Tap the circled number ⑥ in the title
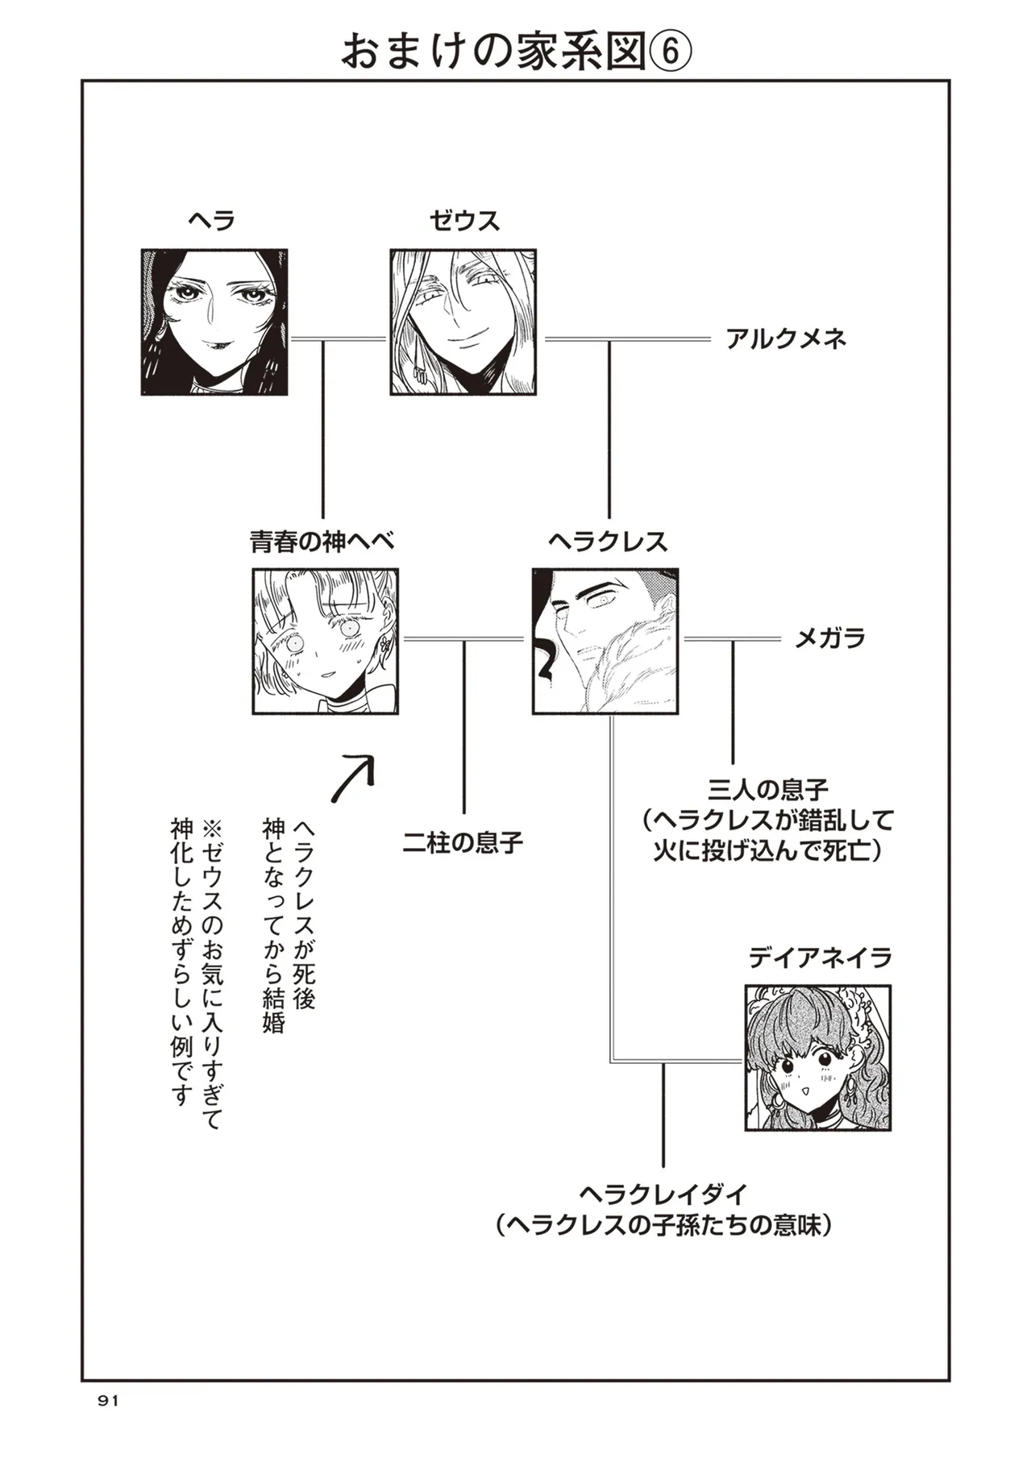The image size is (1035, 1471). point(670,53)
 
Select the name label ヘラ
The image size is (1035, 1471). point(211,220)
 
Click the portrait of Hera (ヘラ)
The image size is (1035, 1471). point(214,322)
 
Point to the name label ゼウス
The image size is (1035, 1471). point(463,220)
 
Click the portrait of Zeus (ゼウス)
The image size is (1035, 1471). point(463,322)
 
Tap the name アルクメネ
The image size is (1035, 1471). point(786,339)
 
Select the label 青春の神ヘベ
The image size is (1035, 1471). point(322,542)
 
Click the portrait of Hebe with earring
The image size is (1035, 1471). point(326,641)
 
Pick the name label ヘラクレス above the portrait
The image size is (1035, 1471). point(608,542)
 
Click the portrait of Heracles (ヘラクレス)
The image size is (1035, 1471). point(605,641)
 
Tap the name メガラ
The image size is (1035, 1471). point(829,639)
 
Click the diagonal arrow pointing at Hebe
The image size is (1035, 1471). point(354,779)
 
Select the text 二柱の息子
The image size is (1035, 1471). point(463,843)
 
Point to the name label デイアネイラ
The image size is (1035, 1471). point(820,958)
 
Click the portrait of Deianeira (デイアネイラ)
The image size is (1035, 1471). point(818,1057)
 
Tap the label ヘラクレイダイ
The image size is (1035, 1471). point(663,1193)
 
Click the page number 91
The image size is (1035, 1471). point(108,1401)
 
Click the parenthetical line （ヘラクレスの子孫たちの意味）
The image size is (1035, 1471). point(663,1226)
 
